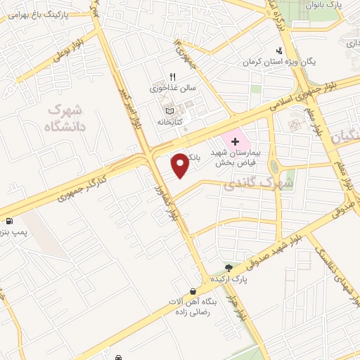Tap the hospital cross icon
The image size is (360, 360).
point(235,142)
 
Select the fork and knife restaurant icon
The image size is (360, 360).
point(171,77)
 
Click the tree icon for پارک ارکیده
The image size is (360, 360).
point(228,267)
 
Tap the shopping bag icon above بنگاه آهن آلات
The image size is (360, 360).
point(193,291)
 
